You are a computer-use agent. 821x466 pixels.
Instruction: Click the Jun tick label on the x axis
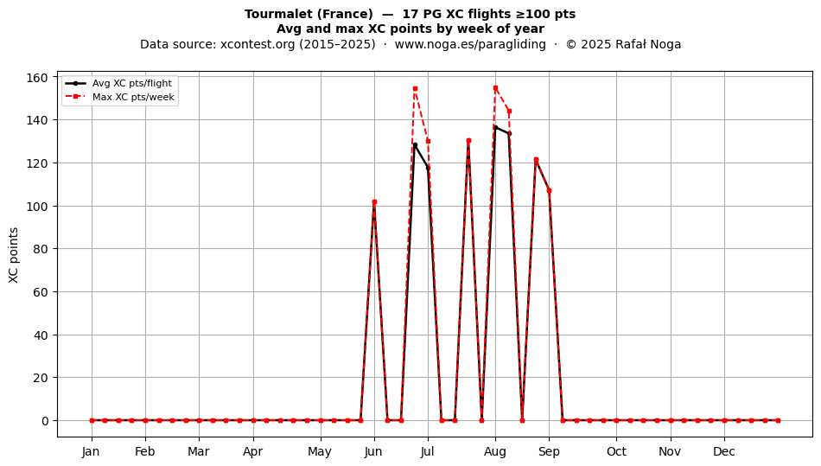pos(374,451)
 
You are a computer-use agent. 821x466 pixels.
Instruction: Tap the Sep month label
pos(549,451)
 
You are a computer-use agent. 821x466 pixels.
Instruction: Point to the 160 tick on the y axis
pos(36,78)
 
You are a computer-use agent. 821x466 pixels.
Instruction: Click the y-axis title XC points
pos(14,255)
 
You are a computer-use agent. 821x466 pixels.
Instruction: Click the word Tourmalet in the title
pos(278,14)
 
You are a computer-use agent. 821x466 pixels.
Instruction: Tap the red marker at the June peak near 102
pos(374,202)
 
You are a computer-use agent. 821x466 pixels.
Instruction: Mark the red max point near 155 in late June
pos(415,89)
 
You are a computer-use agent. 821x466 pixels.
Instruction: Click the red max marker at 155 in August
pos(495,88)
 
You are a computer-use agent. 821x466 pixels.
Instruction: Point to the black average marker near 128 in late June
pos(415,145)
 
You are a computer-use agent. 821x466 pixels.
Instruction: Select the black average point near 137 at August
pos(495,127)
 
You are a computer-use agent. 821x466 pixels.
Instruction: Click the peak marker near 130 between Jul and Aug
pos(468,140)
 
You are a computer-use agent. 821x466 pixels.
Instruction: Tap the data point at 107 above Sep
pos(549,190)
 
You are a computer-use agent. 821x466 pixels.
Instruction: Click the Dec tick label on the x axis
pos(724,451)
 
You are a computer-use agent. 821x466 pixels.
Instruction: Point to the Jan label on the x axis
pos(91,451)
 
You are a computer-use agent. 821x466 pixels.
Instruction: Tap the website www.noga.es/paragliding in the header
pos(470,44)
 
